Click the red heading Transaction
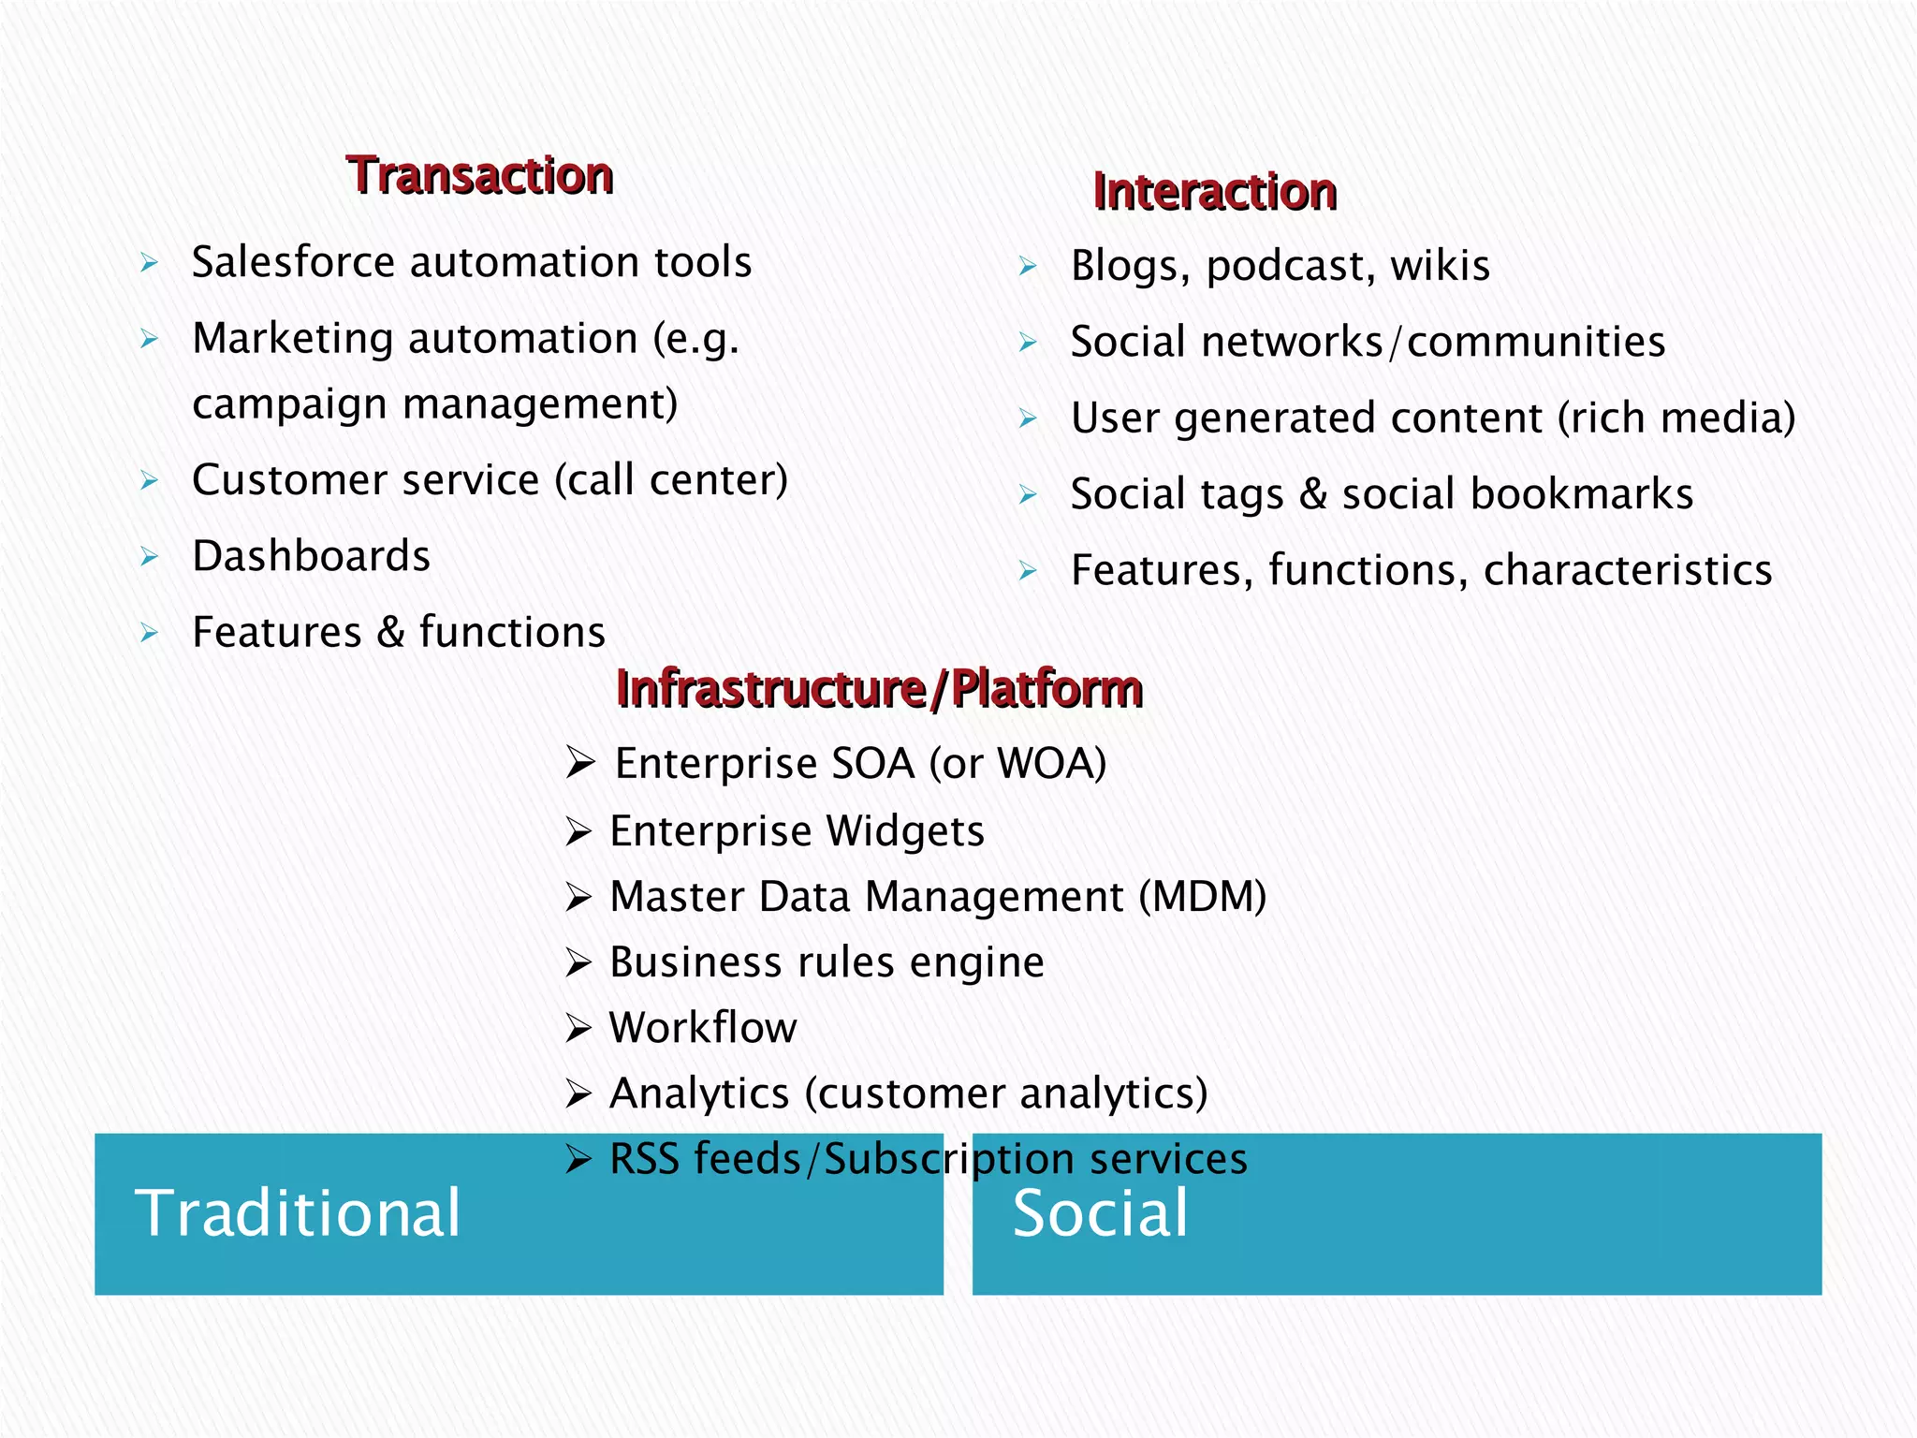click(479, 176)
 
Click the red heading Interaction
click(1214, 192)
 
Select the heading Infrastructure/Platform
click(879, 689)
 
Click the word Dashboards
click(311, 556)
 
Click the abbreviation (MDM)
click(1202, 897)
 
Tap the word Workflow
click(703, 1028)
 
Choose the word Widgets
click(904, 831)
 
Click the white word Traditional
click(298, 1213)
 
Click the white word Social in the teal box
click(1100, 1213)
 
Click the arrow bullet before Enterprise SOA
click(580, 764)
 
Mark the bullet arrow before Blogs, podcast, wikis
click(1028, 267)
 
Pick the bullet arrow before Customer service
click(149, 481)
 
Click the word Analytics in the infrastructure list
click(699, 1093)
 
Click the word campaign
click(289, 404)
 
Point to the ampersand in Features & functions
click(390, 633)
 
